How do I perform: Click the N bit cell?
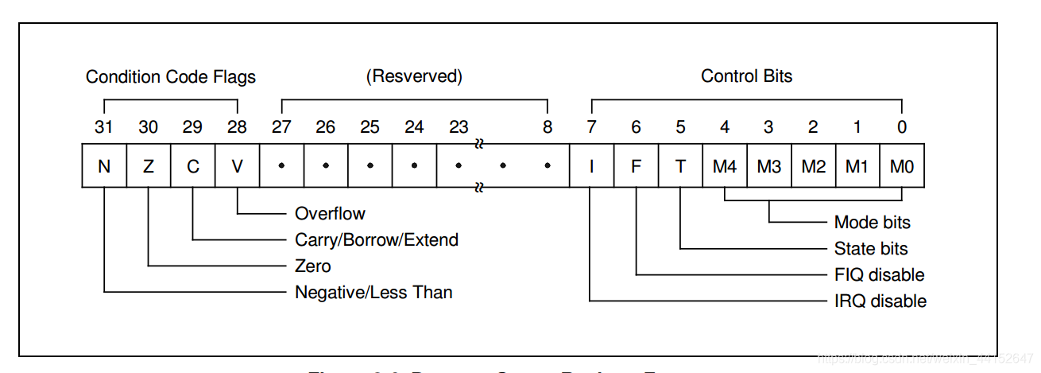[104, 166]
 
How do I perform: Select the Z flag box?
[149, 166]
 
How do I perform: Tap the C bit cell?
[193, 166]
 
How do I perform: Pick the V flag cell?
[237, 166]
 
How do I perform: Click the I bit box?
[591, 166]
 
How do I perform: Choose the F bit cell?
[636, 166]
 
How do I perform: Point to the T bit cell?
[680, 166]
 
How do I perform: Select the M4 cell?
[725, 166]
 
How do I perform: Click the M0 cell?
[902, 166]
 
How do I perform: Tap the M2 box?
[813, 166]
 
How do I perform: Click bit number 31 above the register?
[104, 126]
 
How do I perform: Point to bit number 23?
[459, 126]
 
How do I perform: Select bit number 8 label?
[548, 126]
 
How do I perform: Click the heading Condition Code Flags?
[171, 77]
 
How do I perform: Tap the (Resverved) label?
[414, 77]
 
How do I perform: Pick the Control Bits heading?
[746, 77]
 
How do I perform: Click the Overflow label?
[330, 213]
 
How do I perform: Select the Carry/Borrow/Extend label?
[377, 239]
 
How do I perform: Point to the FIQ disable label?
[879, 275]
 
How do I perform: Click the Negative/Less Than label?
[373, 293]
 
